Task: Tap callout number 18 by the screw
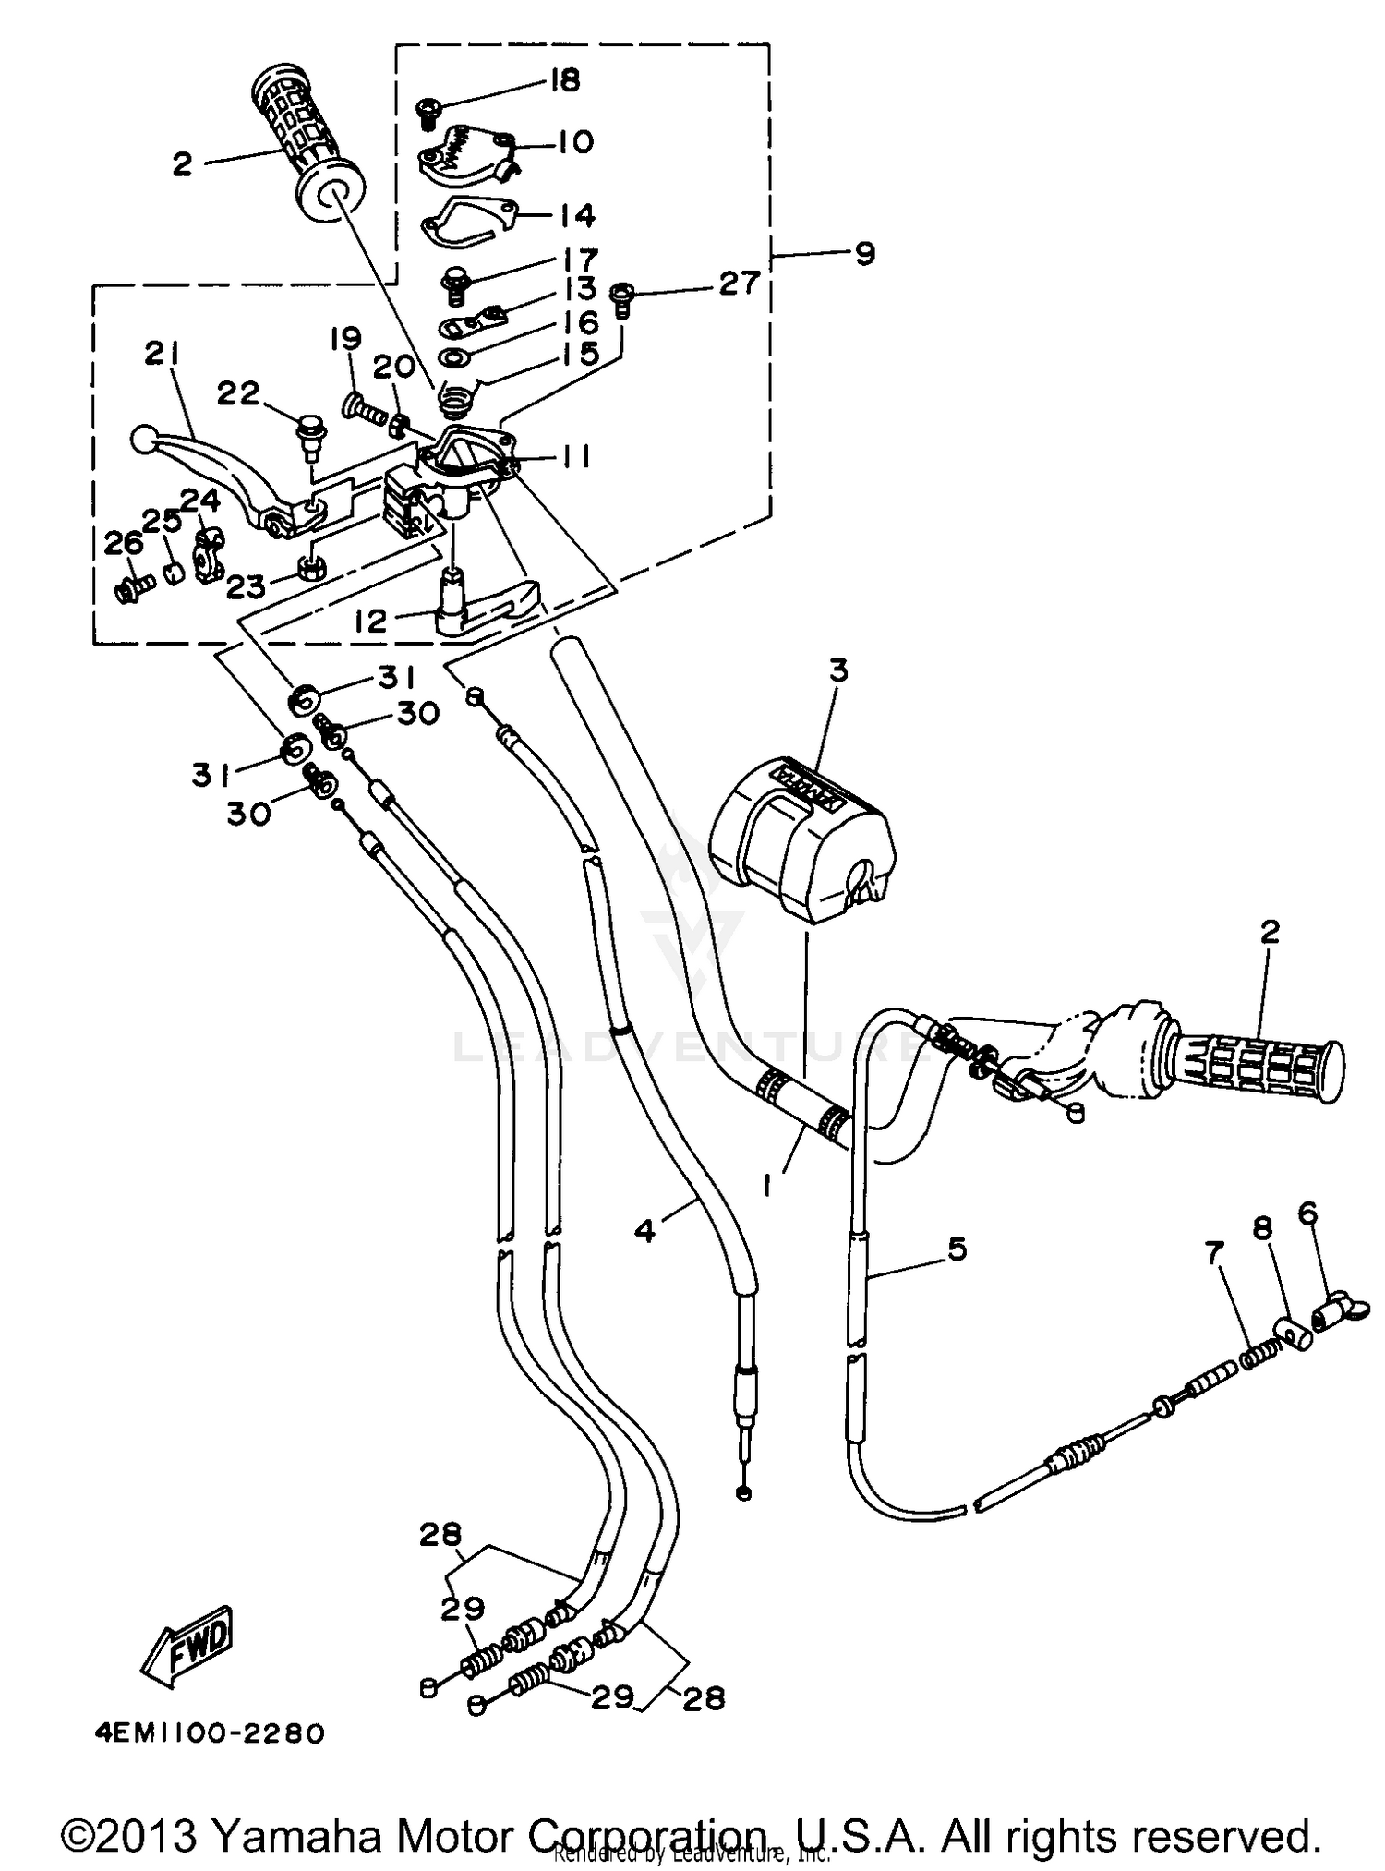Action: (563, 80)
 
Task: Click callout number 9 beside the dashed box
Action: (864, 253)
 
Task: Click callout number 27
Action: (740, 283)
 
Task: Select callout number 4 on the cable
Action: (645, 1230)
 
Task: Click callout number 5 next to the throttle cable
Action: (957, 1249)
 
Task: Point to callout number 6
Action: (1307, 1212)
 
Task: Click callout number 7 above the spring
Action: (1214, 1253)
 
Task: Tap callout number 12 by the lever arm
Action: (370, 620)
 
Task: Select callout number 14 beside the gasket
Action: (577, 215)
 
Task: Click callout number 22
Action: (239, 394)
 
